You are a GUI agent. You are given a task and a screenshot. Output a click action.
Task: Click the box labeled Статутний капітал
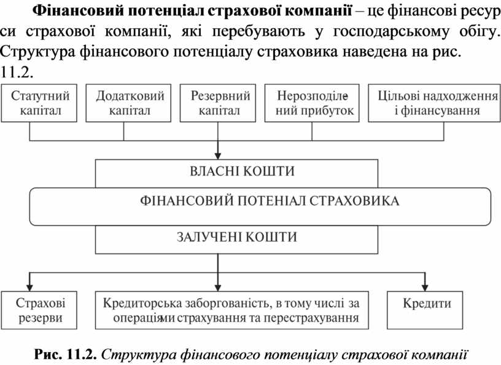click(x=39, y=103)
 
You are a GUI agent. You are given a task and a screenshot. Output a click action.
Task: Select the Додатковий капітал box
click(x=128, y=103)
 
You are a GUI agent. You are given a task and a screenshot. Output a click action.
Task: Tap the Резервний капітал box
click(x=218, y=103)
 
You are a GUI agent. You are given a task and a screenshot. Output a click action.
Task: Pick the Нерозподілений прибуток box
click(x=312, y=103)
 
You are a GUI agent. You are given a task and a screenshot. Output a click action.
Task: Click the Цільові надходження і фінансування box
click(x=434, y=103)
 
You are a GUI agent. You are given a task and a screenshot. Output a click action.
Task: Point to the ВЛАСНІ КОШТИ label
click(x=242, y=171)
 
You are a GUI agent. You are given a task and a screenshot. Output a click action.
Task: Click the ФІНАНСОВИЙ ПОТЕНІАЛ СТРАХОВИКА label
click(x=270, y=201)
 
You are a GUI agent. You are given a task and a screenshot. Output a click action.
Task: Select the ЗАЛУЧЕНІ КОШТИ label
click(x=237, y=237)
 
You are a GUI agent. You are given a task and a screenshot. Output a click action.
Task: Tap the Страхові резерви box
click(x=39, y=310)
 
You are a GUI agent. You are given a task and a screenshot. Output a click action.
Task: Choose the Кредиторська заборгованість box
click(x=232, y=310)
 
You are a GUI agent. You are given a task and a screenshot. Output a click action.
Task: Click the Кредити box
click(x=425, y=310)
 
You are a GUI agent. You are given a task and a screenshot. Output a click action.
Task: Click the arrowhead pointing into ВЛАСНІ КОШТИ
click(x=218, y=156)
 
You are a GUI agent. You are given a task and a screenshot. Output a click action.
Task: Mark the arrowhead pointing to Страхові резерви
click(x=29, y=287)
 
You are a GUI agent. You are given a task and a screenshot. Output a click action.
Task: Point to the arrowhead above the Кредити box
click(x=425, y=287)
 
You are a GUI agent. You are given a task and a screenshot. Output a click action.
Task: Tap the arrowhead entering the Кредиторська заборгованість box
click(x=218, y=287)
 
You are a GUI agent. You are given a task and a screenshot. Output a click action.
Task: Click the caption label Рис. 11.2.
click(x=66, y=355)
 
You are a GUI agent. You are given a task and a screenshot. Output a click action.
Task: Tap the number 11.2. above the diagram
click(x=17, y=73)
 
